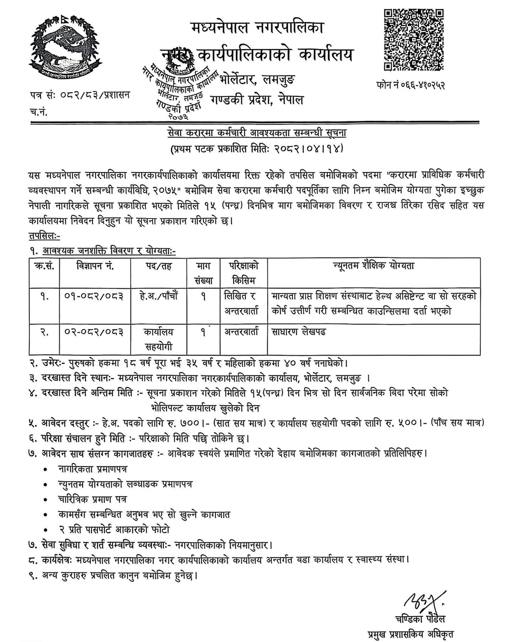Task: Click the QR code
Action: [414, 40]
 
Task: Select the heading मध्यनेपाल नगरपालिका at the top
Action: [258, 27]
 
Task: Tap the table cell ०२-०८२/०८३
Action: [95, 332]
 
